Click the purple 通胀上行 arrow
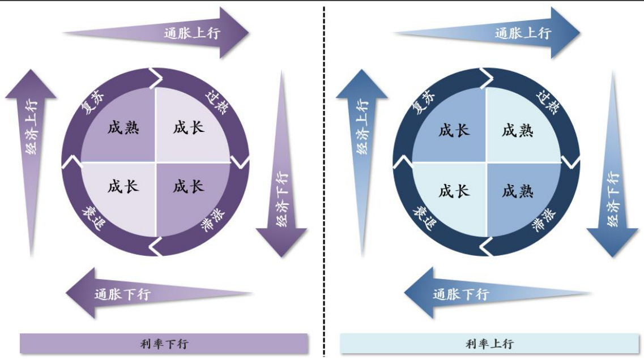[x=156, y=33]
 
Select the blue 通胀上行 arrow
[x=487, y=33]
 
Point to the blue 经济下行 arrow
[x=612, y=164]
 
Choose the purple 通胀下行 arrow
[x=159, y=293]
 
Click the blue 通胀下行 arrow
[x=498, y=293]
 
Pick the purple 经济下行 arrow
[x=282, y=164]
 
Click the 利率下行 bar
[x=164, y=343]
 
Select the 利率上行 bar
[x=489, y=343]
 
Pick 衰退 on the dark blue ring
[x=424, y=218]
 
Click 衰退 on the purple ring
[x=93, y=218]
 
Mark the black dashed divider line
[x=324, y=181]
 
